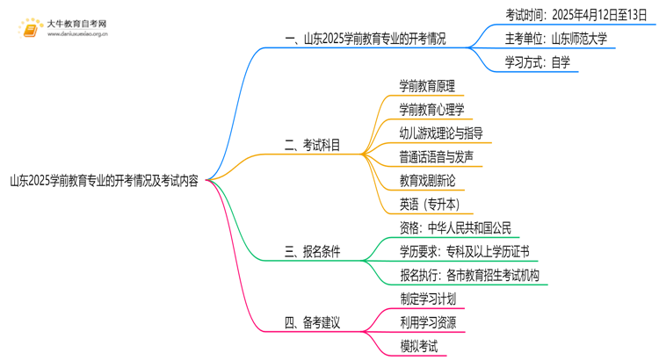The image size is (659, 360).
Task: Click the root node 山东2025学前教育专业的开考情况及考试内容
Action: click(105, 182)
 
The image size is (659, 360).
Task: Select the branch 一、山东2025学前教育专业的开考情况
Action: click(366, 39)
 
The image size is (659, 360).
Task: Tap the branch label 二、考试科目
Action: click(313, 146)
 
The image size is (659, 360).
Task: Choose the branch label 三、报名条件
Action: click(313, 253)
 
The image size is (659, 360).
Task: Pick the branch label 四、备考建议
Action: click(313, 322)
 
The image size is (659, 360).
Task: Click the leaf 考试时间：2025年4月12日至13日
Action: click(576, 14)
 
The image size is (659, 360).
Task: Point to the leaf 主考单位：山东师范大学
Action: click(555, 39)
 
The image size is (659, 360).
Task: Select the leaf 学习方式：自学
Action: click(537, 62)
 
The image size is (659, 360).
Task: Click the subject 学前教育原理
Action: click(427, 86)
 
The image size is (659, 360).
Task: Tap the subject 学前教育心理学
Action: click(431, 110)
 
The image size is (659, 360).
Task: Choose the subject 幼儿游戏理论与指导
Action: click(440, 133)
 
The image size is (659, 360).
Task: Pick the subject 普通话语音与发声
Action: click(436, 157)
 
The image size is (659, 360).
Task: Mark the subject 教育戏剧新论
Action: click(427, 181)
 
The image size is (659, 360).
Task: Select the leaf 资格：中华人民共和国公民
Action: click(454, 228)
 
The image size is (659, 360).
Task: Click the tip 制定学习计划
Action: click(427, 299)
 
